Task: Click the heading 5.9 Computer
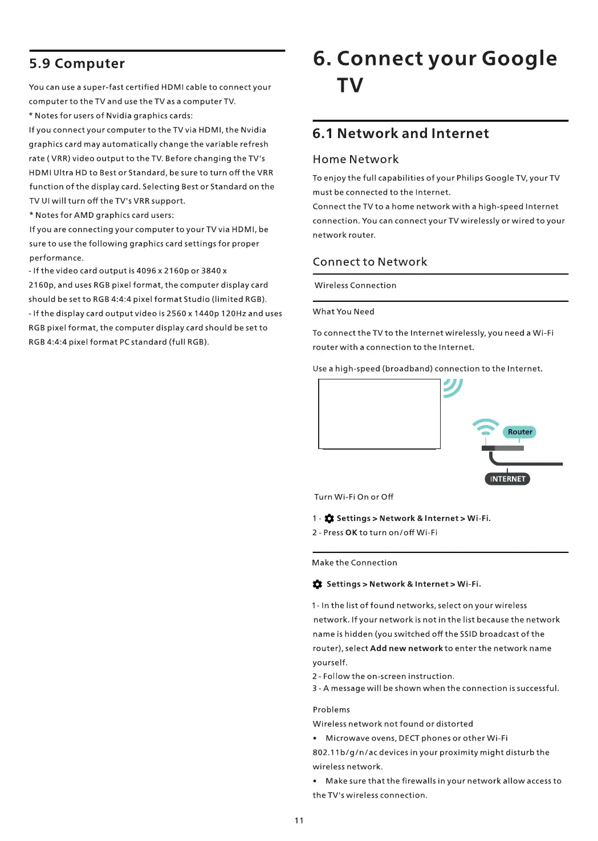click(x=77, y=63)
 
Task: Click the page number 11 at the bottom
click(x=299, y=820)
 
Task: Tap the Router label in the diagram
click(x=520, y=432)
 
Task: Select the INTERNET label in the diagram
click(x=507, y=479)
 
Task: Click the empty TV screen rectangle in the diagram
click(x=379, y=414)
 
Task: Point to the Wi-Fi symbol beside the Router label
click(x=485, y=427)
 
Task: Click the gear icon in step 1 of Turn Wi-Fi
click(x=329, y=519)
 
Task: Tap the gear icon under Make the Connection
click(x=318, y=584)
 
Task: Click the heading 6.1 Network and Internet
click(x=400, y=134)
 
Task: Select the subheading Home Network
click(x=356, y=159)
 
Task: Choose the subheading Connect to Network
click(x=369, y=262)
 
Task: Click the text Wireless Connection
click(x=355, y=285)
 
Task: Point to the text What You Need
click(x=343, y=312)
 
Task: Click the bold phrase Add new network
click(x=406, y=648)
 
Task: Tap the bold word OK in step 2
click(x=351, y=532)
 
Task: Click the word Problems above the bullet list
click(x=331, y=710)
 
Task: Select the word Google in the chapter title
click(x=519, y=58)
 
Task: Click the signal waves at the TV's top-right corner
click(x=453, y=388)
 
